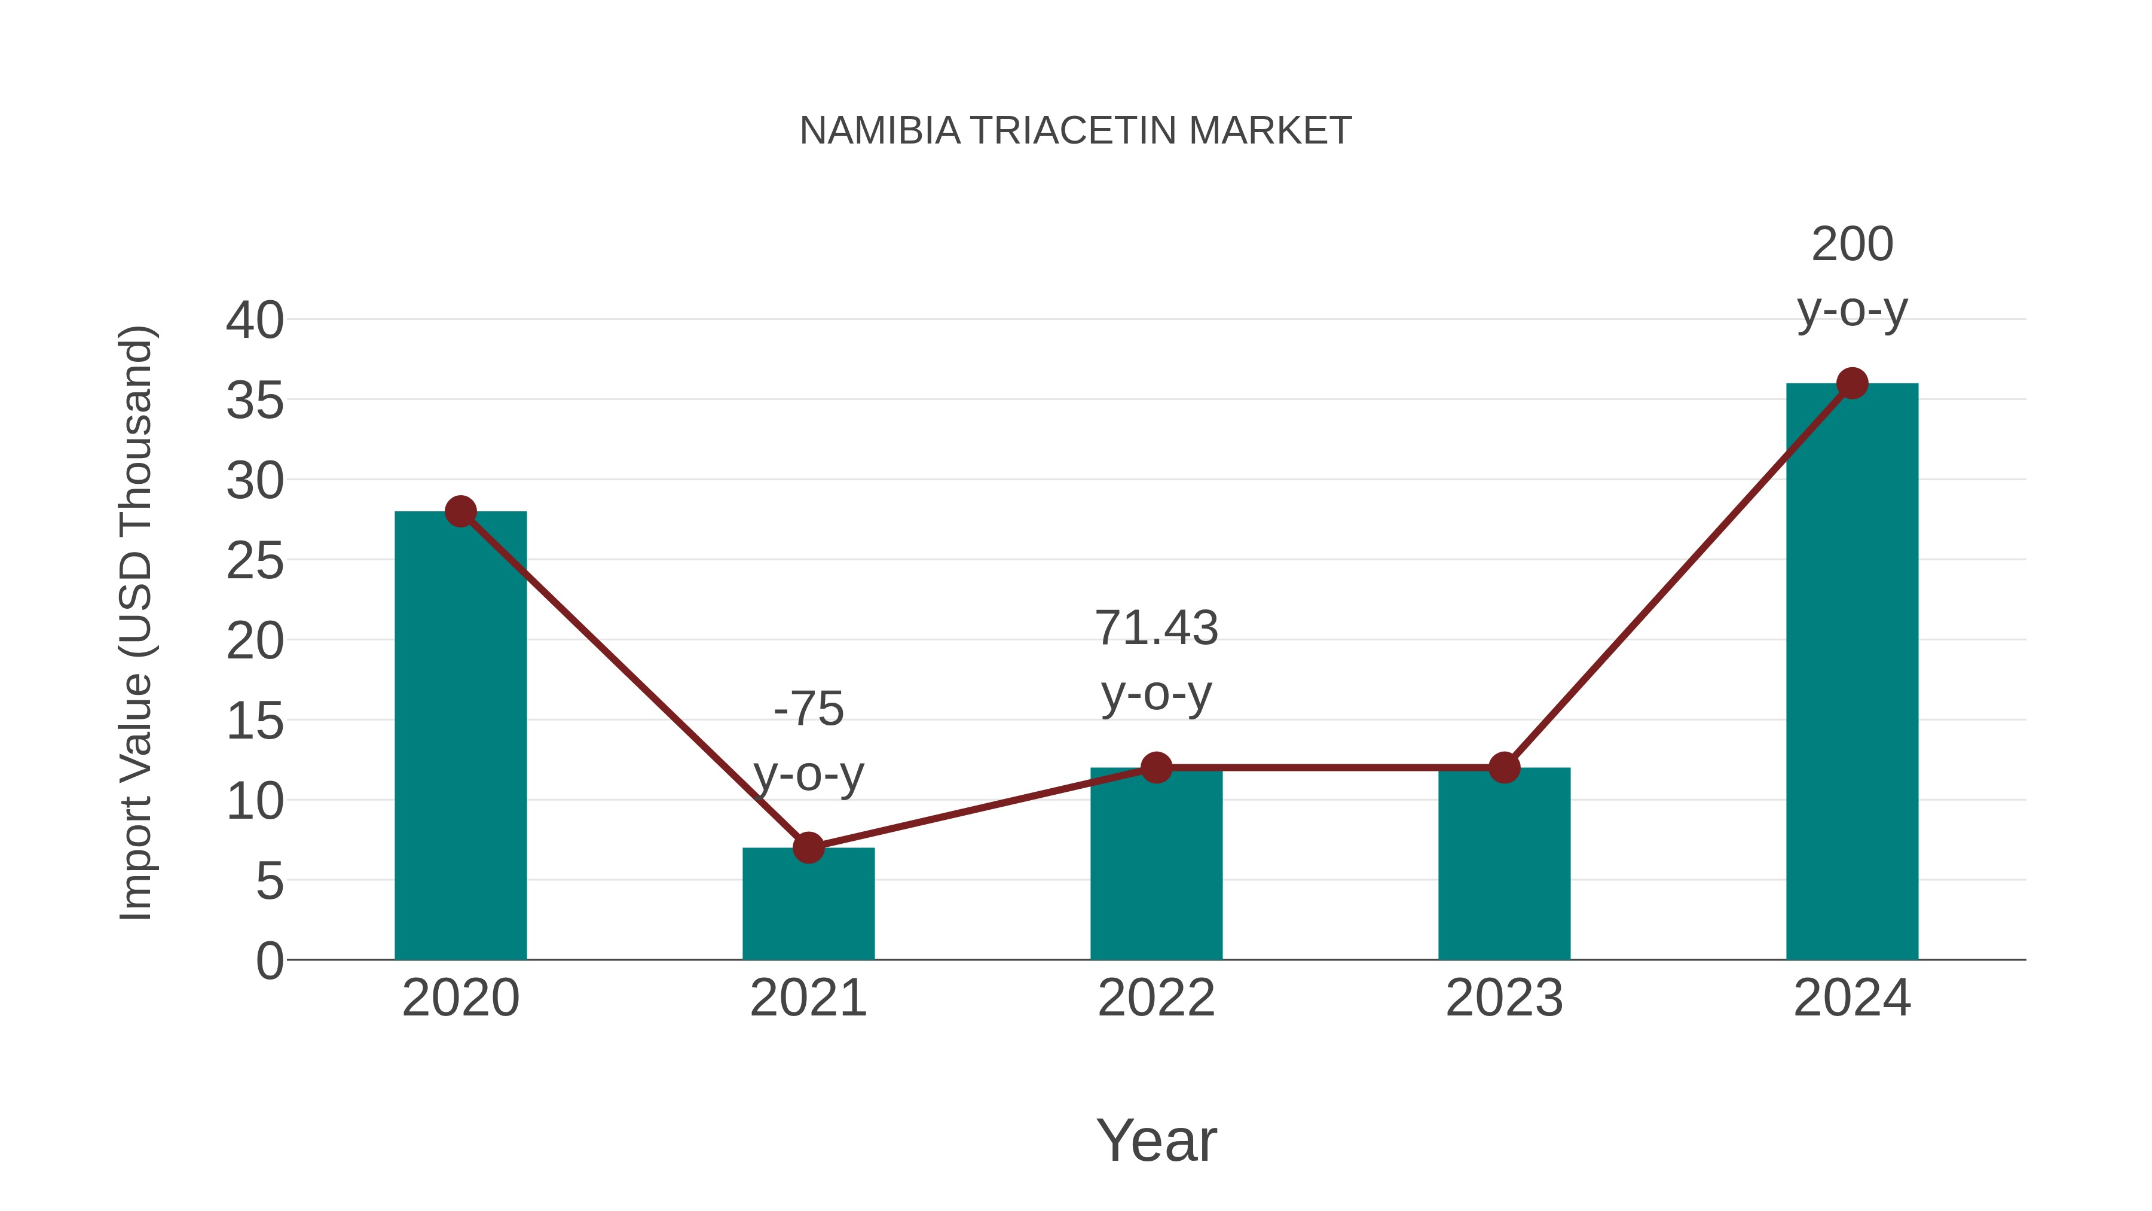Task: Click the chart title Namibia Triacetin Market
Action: tap(1075, 130)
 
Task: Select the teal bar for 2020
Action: tap(460, 736)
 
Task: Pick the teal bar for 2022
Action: tap(1156, 864)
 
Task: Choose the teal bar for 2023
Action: tap(1504, 864)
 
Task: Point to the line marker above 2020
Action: tap(460, 511)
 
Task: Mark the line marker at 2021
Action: tap(808, 847)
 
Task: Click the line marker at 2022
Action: tap(1156, 767)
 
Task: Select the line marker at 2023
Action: tap(1504, 767)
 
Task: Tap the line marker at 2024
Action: tap(1852, 383)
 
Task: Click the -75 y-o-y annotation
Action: tap(808, 742)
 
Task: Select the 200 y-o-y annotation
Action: tap(1852, 277)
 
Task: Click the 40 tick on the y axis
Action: tap(255, 320)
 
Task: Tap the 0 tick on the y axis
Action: tap(269, 961)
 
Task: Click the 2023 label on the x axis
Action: tap(1504, 998)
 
